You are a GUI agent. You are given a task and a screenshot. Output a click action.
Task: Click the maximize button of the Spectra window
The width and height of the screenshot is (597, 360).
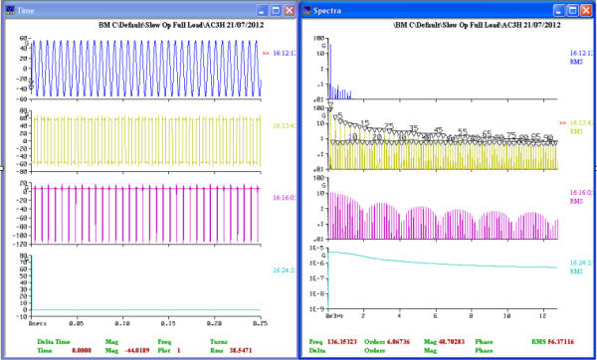point(571,8)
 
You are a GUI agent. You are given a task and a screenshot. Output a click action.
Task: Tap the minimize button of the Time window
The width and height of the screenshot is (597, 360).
point(256,8)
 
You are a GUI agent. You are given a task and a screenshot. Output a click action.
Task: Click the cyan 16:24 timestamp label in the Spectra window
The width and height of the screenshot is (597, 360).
point(581,265)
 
